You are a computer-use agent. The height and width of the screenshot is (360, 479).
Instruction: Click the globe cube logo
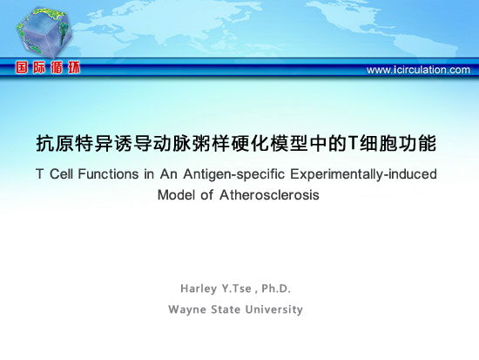pyautogui.click(x=44, y=33)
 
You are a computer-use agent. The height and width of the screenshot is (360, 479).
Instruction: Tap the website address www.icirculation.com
pyautogui.click(x=418, y=70)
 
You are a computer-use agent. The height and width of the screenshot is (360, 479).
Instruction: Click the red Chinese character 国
pyautogui.click(x=22, y=67)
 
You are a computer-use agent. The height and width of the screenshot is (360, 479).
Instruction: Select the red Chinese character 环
pyautogui.click(x=74, y=67)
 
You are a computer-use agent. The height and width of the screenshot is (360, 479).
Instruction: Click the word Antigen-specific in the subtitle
pyautogui.click(x=233, y=174)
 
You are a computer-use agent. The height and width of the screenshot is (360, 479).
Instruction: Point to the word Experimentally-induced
pyautogui.click(x=363, y=174)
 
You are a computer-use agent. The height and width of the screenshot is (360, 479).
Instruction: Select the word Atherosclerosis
pyautogui.click(x=269, y=195)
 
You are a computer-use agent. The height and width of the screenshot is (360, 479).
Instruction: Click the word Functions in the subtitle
pyautogui.click(x=108, y=174)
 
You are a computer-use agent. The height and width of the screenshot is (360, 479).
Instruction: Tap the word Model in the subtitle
pyautogui.click(x=177, y=195)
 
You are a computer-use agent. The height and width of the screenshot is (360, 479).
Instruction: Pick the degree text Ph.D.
pyautogui.click(x=276, y=289)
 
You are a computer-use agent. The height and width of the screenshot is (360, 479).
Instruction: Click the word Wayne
pyautogui.click(x=187, y=309)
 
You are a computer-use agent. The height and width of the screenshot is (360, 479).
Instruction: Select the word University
pyautogui.click(x=273, y=309)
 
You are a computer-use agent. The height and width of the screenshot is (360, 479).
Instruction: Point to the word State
pyautogui.click(x=226, y=309)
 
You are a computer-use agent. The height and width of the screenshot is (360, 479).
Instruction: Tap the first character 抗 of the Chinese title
pyautogui.click(x=45, y=143)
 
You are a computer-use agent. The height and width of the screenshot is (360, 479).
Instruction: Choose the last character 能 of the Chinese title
pyautogui.click(x=427, y=143)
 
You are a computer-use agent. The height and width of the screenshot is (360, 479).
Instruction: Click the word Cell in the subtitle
pyautogui.click(x=61, y=174)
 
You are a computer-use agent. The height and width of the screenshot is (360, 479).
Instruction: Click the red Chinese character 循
pyautogui.click(x=57, y=67)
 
